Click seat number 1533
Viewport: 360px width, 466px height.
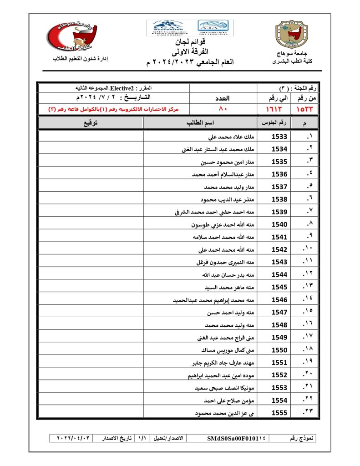[x=279, y=137]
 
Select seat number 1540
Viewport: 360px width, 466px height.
[x=279, y=225]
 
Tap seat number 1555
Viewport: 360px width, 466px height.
[x=279, y=413]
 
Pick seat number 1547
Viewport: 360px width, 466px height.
[x=279, y=313]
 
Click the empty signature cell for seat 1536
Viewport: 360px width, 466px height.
[x=91, y=174]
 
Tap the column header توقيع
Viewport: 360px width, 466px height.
[x=91, y=123]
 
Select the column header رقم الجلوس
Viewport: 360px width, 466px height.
[x=274, y=123]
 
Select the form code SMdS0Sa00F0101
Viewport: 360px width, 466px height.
[x=236, y=438]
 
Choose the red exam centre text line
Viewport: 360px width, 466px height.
[x=114, y=109]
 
